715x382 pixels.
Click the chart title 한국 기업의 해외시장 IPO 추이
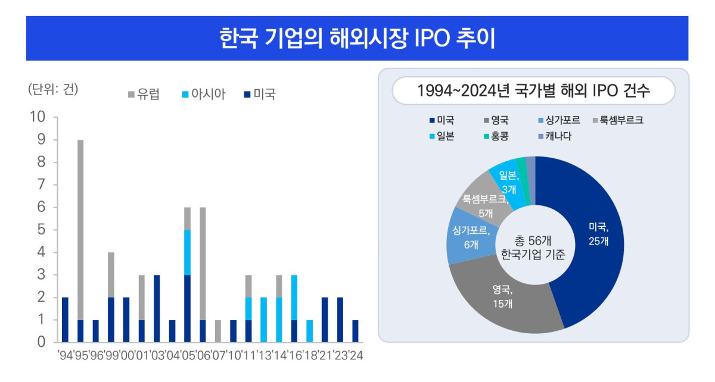pos(357,38)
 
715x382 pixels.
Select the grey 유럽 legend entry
pos(144,94)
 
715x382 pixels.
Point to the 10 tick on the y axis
pos(38,117)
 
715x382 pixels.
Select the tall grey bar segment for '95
pos(80,229)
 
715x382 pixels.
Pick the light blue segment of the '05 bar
pos(187,252)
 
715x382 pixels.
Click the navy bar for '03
pos(157,308)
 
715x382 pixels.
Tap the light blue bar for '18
pos(309,331)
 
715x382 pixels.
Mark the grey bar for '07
pos(217,331)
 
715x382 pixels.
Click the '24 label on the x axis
pos(356,356)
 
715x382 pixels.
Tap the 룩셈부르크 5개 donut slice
pos(483,202)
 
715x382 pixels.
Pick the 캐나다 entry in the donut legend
pos(554,136)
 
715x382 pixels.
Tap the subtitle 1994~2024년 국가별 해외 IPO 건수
pos(533,92)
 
